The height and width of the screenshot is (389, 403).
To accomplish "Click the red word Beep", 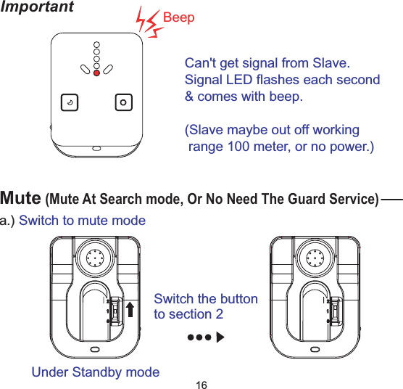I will [x=179, y=17].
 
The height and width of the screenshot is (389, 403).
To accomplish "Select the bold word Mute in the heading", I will [x=20, y=197].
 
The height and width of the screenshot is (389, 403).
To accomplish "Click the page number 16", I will [x=202, y=382].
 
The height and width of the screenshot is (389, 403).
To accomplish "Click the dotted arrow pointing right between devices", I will [x=205, y=337].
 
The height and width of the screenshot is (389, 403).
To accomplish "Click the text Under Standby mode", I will [x=96, y=372].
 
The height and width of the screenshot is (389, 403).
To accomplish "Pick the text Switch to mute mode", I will [x=82, y=220].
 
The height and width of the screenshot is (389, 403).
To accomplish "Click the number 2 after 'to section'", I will [x=220, y=314].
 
